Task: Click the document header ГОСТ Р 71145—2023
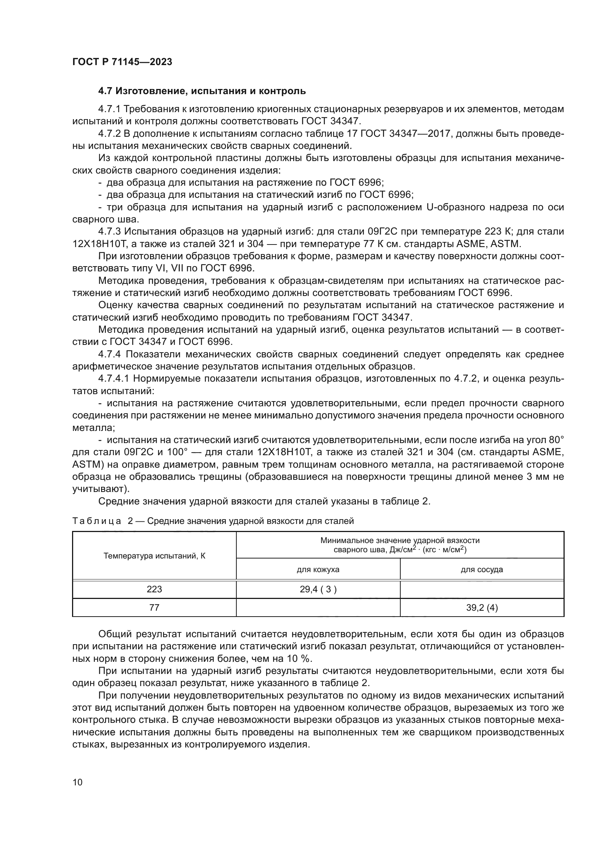[x=122, y=62]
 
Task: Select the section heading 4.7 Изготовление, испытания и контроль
[x=202, y=91]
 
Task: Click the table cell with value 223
[x=154, y=589]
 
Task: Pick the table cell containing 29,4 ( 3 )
[x=318, y=589]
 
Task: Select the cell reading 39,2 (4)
[x=482, y=607]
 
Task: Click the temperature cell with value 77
[x=154, y=607]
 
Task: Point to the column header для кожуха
[x=318, y=570]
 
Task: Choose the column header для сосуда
[x=482, y=570]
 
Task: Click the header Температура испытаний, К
[x=154, y=556]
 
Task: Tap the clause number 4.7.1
[x=109, y=109]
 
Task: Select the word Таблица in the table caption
[x=97, y=521]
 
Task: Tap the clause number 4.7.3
[x=109, y=232]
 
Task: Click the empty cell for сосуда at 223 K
[x=482, y=589]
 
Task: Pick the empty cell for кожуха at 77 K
[x=318, y=607]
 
